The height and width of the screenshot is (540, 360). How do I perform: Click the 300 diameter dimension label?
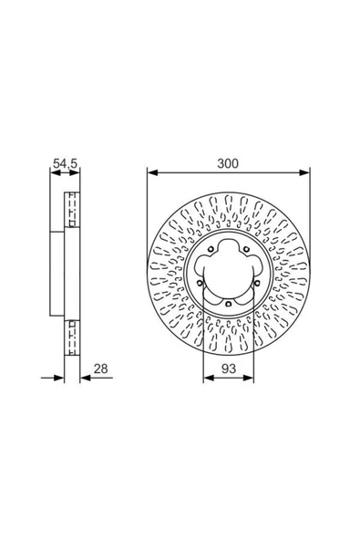(x=228, y=163)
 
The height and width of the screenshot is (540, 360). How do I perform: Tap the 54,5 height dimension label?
(x=65, y=163)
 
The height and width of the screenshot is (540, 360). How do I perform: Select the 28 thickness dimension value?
(x=101, y=369)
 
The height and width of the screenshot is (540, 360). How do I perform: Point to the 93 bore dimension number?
(x=229, y=369)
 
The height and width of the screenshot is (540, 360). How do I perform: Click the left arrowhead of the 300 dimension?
(x=152, y=172)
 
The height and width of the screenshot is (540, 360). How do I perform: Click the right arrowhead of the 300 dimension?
(x=304, y=172)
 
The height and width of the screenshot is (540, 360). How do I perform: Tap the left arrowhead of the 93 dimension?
(x=208, y=379)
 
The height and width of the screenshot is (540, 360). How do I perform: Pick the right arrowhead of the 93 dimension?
(x=249, y=379)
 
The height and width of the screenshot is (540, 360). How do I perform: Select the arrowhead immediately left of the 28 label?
(x=86, y=379)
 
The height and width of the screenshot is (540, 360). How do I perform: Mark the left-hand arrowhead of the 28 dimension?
(x=59, y=379)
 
